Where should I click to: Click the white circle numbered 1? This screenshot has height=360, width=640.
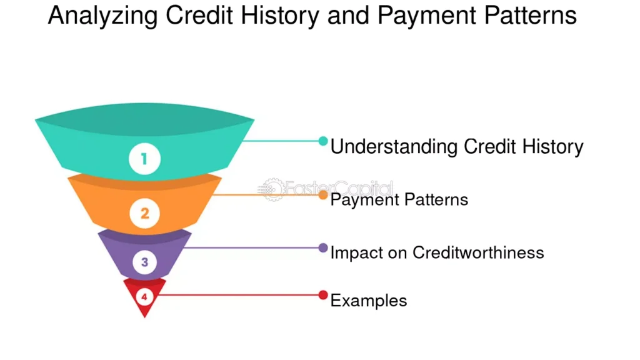[x=144, y=159]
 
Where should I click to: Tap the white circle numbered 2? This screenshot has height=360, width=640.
[x=145, y=214]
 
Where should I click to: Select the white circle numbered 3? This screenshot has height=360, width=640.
[x=144, y=262]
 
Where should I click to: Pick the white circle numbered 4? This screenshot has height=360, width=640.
[x=144, y=297]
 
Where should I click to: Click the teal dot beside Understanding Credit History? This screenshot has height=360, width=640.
[x=323, y=141]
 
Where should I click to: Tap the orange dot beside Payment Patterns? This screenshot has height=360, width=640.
[x=323, y=195]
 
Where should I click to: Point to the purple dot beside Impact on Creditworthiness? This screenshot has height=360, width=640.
[x=323, y=247]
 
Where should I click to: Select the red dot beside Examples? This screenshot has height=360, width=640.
[x=323, y=295]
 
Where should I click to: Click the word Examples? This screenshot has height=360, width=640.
[x=369, y=301]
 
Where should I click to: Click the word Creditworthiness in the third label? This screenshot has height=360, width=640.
[x=478, y=252]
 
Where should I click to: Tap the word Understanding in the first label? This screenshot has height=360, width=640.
[x=394, y=147]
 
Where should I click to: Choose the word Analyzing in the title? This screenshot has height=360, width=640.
[x=102, y=16]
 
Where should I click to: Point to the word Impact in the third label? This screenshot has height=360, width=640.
[x=356, y=253]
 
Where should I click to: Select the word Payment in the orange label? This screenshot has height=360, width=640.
[x=364, y=200]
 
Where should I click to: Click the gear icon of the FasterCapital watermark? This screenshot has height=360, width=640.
[x=272, y=189]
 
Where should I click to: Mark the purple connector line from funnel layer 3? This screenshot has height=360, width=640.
[x=251, y=247]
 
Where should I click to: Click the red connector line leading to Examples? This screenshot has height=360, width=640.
[x=238, y=295]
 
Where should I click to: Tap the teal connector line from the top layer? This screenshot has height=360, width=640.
[x=281, y=141]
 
